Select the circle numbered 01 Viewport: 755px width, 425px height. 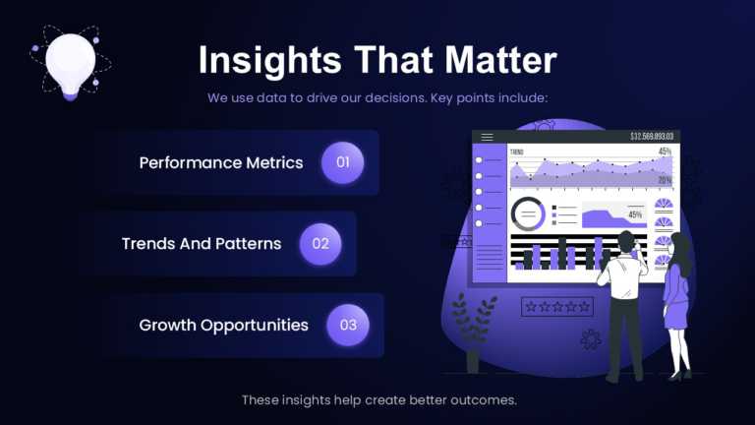[x=343, y=162]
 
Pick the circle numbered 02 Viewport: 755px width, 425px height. [x=320, y=243]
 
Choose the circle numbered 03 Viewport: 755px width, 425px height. [x=348, y=325]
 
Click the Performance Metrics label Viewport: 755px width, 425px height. [x=221, y=162]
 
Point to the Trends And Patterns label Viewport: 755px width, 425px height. [x=202, y=243]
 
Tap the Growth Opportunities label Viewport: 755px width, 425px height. [x=223, y=325]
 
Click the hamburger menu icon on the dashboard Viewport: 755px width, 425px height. [x=487, y=137]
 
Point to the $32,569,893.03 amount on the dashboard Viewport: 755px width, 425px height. [x=651, y=137]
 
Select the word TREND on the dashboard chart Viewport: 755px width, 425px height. [x=517, y=152]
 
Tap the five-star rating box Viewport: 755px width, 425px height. [x=557, y=307]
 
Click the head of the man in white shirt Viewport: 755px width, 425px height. [x=626, y=241]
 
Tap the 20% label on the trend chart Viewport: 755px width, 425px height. [x=665, y=180]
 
